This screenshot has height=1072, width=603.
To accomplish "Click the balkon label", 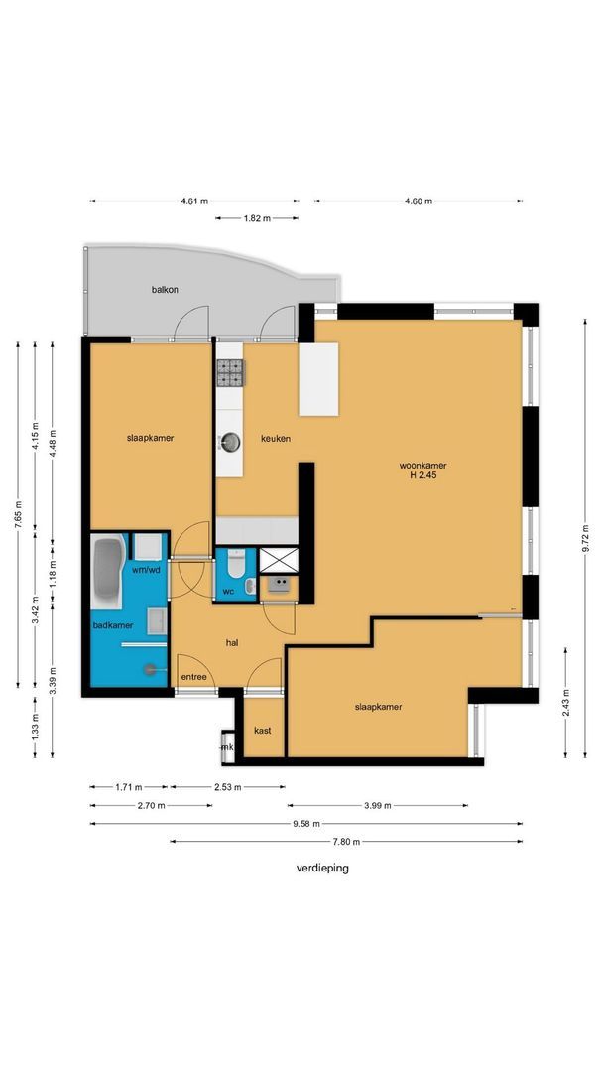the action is click(x=165, y=290).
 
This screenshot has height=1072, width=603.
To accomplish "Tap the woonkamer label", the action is click(x=422, y=467).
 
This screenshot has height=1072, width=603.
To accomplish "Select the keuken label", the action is click(x=276, y=439).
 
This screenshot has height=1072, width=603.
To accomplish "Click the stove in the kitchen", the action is click(x=229, y=374).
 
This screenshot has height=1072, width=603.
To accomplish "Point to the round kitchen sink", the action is click(x=232, y=443).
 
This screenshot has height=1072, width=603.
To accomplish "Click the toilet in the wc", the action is click(x=236, y=565).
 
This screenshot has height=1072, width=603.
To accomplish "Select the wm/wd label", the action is click(x=146, y=570).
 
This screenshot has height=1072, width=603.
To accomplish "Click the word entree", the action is click(x=194, y=678).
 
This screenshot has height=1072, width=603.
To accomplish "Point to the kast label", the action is click(x=262, y=731).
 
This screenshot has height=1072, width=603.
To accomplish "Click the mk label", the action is click(x=227, y=748).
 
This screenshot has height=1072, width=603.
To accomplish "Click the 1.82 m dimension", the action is click(x=257, y=218).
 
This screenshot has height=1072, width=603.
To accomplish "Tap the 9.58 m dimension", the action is click(x=306, y=824).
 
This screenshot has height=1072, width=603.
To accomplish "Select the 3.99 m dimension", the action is click(x=378, y=805).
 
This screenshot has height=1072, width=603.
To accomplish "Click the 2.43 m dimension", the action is click(x=565, y=703).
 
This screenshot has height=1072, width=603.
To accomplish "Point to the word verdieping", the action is click(x=322, y=869).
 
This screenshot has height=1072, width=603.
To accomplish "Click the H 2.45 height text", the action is click(x=422, y=477).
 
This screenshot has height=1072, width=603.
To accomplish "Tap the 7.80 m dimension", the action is click(x=346, y=842).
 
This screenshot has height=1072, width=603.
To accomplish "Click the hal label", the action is click(x=232, y=643).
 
